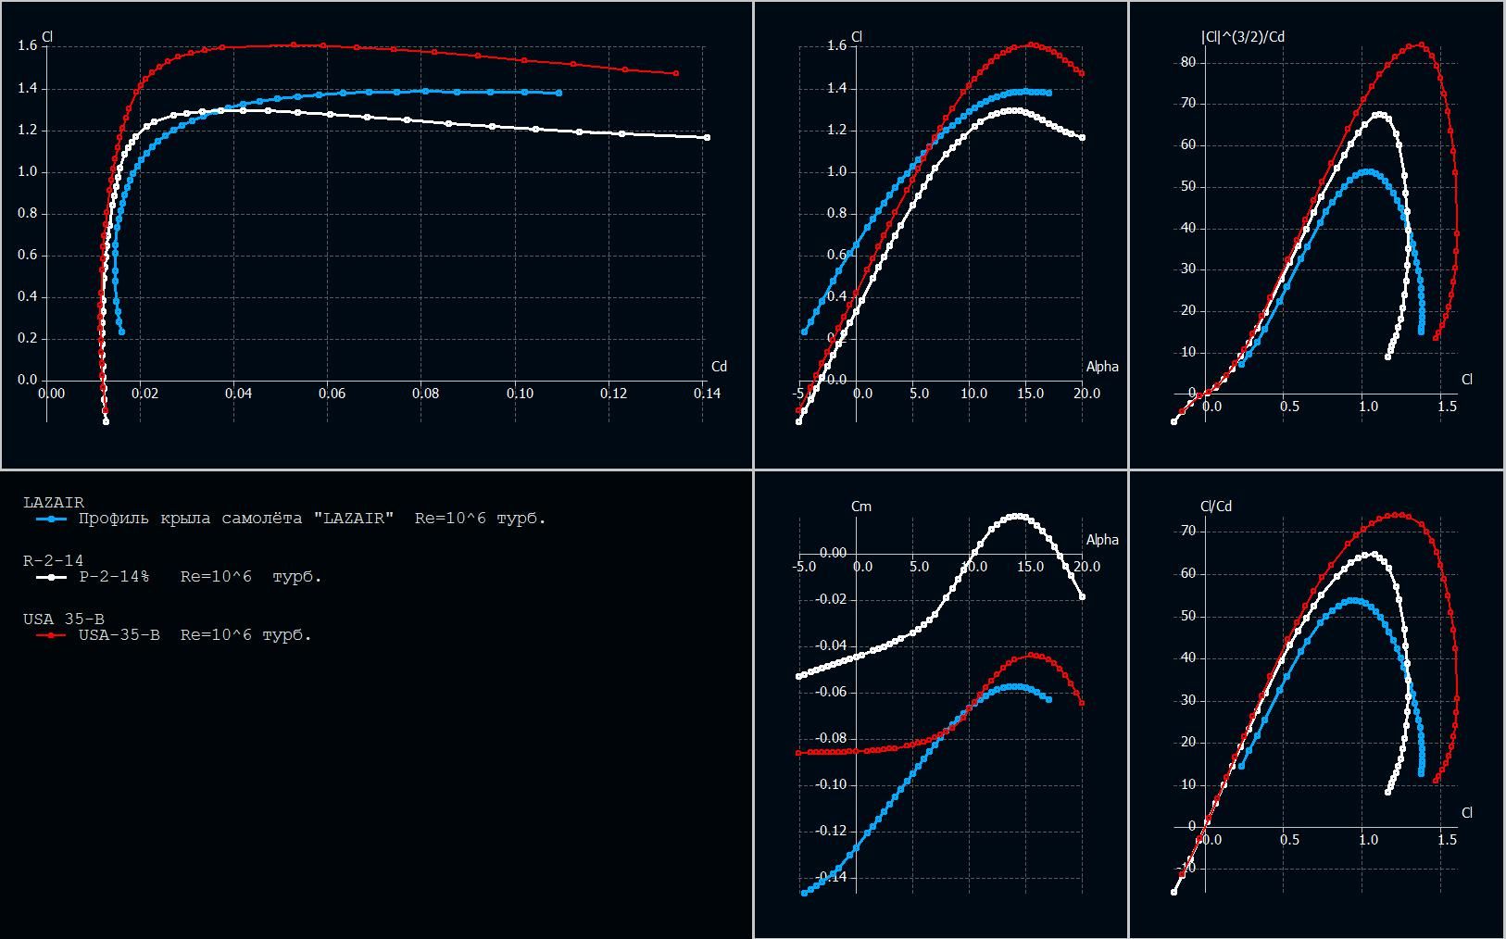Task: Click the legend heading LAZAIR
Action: [53, 503]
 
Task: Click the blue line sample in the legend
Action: [51, 520]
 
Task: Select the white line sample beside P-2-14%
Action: [51, 578]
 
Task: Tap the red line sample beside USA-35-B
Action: [51, 636]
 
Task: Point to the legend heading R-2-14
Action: [53, 561]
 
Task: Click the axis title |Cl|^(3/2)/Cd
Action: [1242, 37]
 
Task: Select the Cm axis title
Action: [860, 507]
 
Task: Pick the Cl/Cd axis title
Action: [1216, 507]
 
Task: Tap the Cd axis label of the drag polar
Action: [719, 367]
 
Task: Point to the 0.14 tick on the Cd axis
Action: [707, 394]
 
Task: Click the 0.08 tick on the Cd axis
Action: [425, 394]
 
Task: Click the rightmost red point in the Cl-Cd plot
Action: [676, 73]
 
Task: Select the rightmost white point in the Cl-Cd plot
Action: [707, 138]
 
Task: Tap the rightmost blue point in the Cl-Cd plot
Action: [558, 94]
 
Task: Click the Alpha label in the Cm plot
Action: [1102, 540]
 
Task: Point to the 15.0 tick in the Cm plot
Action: [1029, 567]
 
